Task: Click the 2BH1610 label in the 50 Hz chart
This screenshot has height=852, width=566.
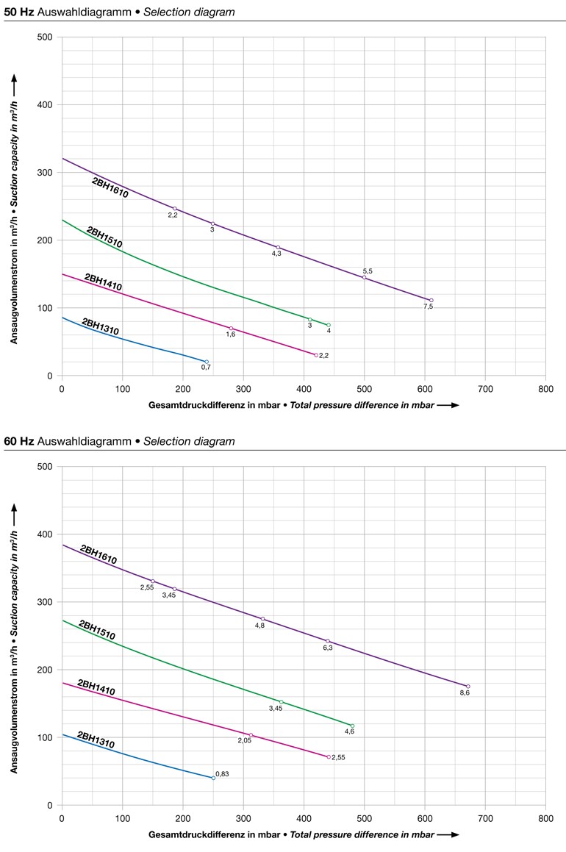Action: click(x=110, y=188)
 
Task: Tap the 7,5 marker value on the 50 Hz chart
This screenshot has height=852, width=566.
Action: click(x=428, y=307)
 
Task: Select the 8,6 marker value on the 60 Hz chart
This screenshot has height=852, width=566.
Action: click(x=465, y=692)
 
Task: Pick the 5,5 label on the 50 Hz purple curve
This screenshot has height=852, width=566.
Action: click(x=368, y=271)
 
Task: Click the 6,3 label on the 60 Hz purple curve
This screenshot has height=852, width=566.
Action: click(x=328, y=648)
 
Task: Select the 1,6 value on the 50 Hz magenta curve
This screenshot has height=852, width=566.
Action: click(x=231, y=334)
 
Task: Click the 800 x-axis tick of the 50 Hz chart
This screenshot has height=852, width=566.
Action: click(x=545, y=387)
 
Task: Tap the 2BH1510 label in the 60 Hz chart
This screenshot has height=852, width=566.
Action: click(x=97, y=630)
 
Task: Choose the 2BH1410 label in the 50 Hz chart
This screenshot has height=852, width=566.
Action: click(x=103, y=283)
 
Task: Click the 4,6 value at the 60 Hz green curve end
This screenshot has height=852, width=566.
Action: click(x=349, y=731)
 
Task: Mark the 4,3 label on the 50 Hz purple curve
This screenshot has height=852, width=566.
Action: click(x=276, y=254)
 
